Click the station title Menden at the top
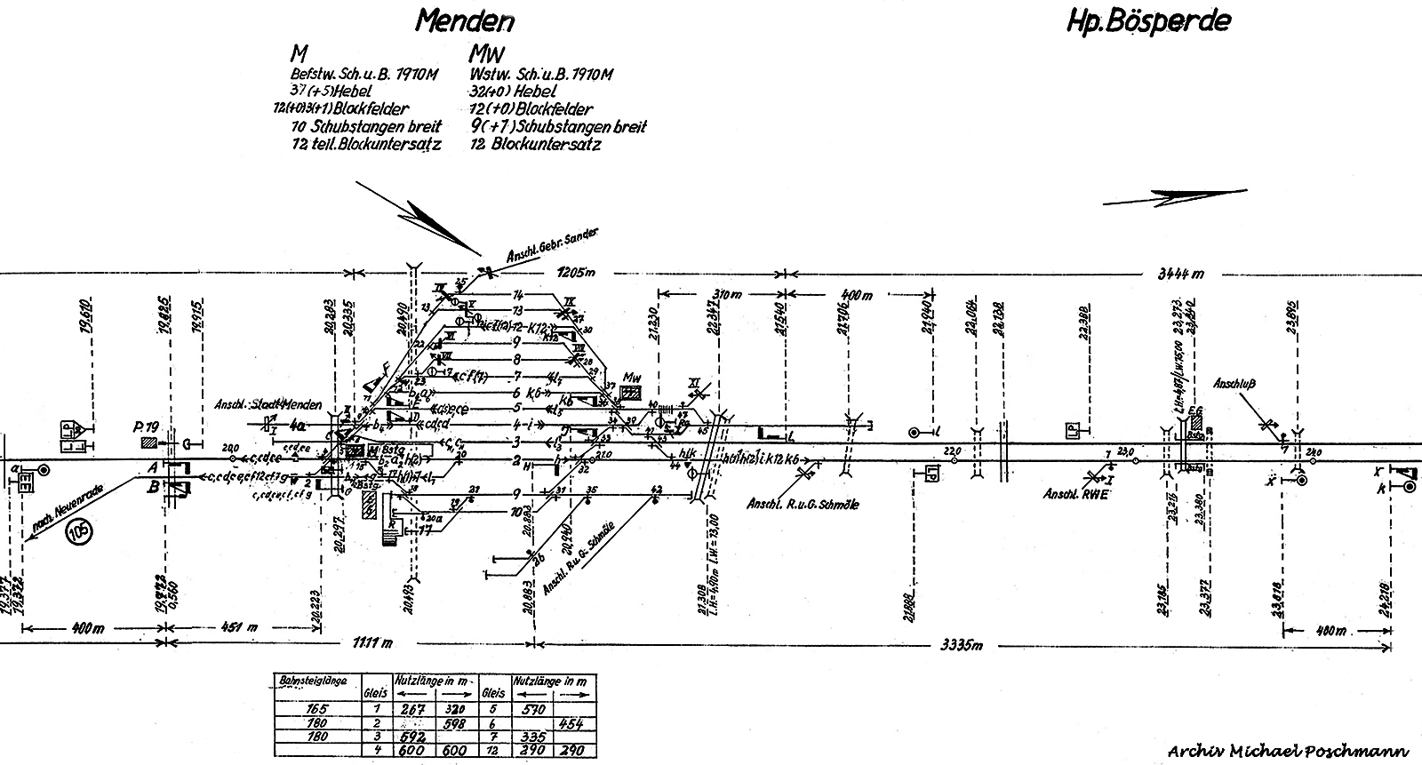coord(465,20)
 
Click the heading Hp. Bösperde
coord(1147,20)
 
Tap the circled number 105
coord(79,536)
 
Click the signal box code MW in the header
coord(486,54)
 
